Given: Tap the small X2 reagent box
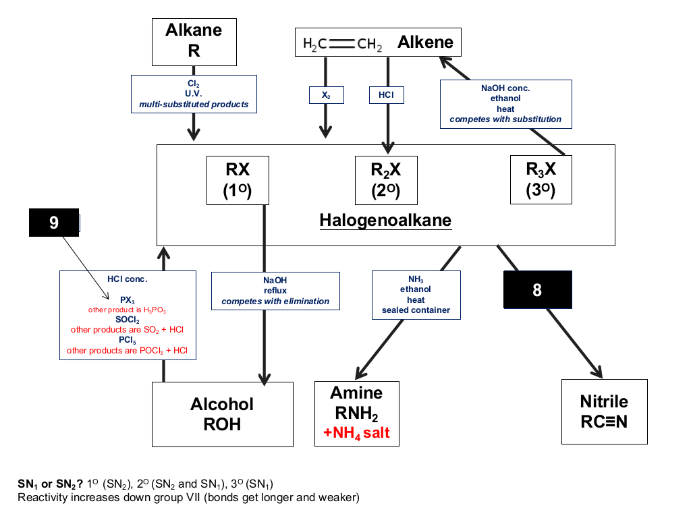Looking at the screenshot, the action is [x=326, y=95].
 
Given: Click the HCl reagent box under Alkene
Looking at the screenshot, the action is [x=387, y=95].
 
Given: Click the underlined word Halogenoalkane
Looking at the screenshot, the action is [x=385, y=221].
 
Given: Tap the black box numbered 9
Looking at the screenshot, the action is [x=54, y=223].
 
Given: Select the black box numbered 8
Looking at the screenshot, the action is [x=538, y=290].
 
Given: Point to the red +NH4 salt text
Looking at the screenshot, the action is [x=356, y=433].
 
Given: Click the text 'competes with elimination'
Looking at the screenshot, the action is [x=275, y=301].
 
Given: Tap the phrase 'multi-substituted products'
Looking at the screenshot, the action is [x=194, y=105].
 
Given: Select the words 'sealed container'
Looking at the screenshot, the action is [x=416, y=310].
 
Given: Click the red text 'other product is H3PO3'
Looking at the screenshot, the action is [x=127, y=310].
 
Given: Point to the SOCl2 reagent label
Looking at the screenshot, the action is [x=128, y=320].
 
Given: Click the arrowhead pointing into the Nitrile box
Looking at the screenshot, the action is [x=598, y=372].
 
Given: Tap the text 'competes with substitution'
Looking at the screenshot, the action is [x=505, y=119].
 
